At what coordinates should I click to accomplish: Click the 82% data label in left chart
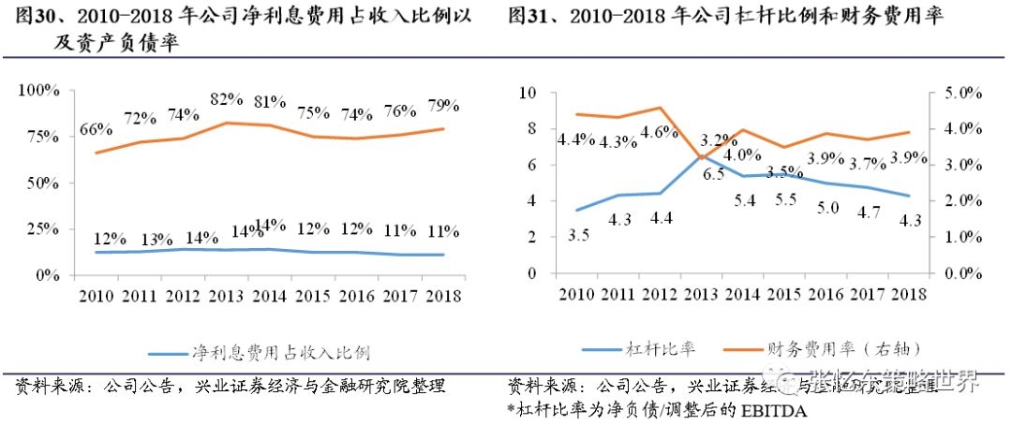click(x=227, y=99)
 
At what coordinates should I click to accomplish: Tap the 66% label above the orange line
click(x=97, y=130)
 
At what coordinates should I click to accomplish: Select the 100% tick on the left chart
click(x=39, y=90)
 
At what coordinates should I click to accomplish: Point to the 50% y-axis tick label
click(x=43, y=183)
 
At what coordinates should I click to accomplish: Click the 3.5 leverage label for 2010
click(x=579, y=235)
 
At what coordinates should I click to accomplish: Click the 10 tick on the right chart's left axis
click(x=526, y=93)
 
